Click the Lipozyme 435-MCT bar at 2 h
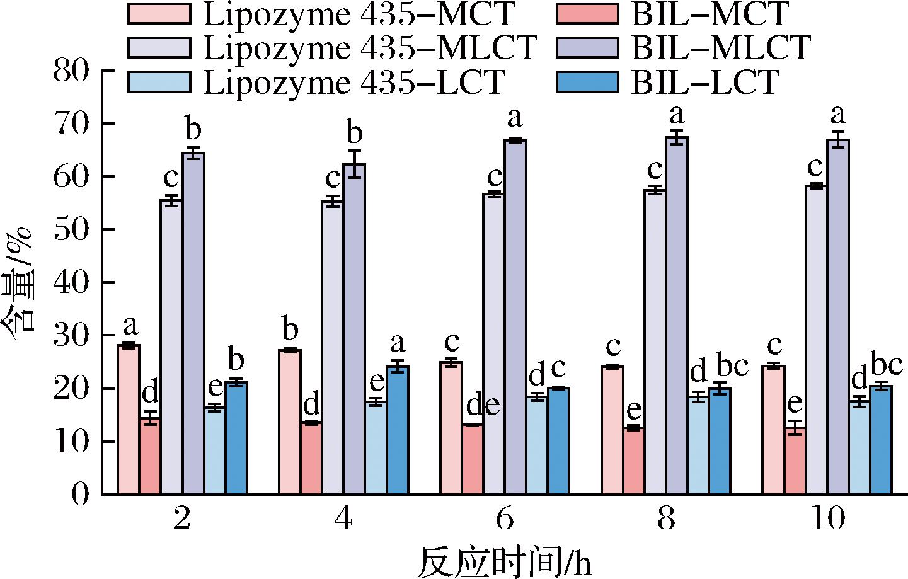click(x=129, y=419)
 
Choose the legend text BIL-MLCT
click(x=720, y=48)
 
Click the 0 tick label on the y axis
click(x=81, y=494)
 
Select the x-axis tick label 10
click(x=827, y=520)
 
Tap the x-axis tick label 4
click(x=343, y=520)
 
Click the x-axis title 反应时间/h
click(x=507, y=561)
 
